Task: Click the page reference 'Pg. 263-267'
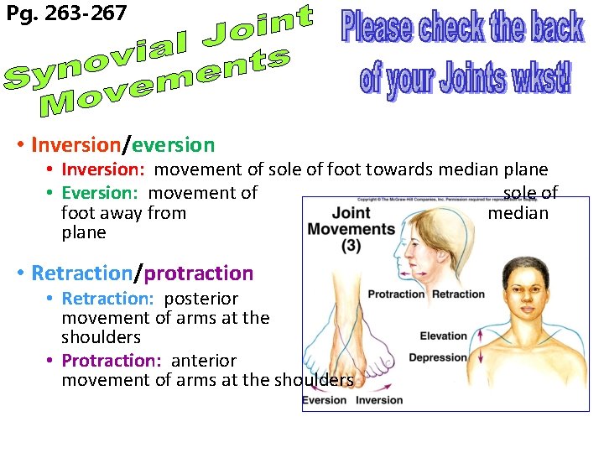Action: pos(66,13)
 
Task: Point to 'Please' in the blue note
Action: pos(377,27)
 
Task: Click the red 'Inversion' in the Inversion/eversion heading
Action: pos(75,145)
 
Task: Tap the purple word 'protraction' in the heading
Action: pos(199,273)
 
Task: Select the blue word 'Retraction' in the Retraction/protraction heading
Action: pos(81,273)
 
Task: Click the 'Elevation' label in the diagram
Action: pos(443,336)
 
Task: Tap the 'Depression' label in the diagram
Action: pos(437,358)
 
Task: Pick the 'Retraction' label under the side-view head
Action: pos(458,294)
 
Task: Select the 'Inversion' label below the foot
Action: pos(379,400)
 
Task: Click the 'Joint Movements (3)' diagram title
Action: pos(351,228)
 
